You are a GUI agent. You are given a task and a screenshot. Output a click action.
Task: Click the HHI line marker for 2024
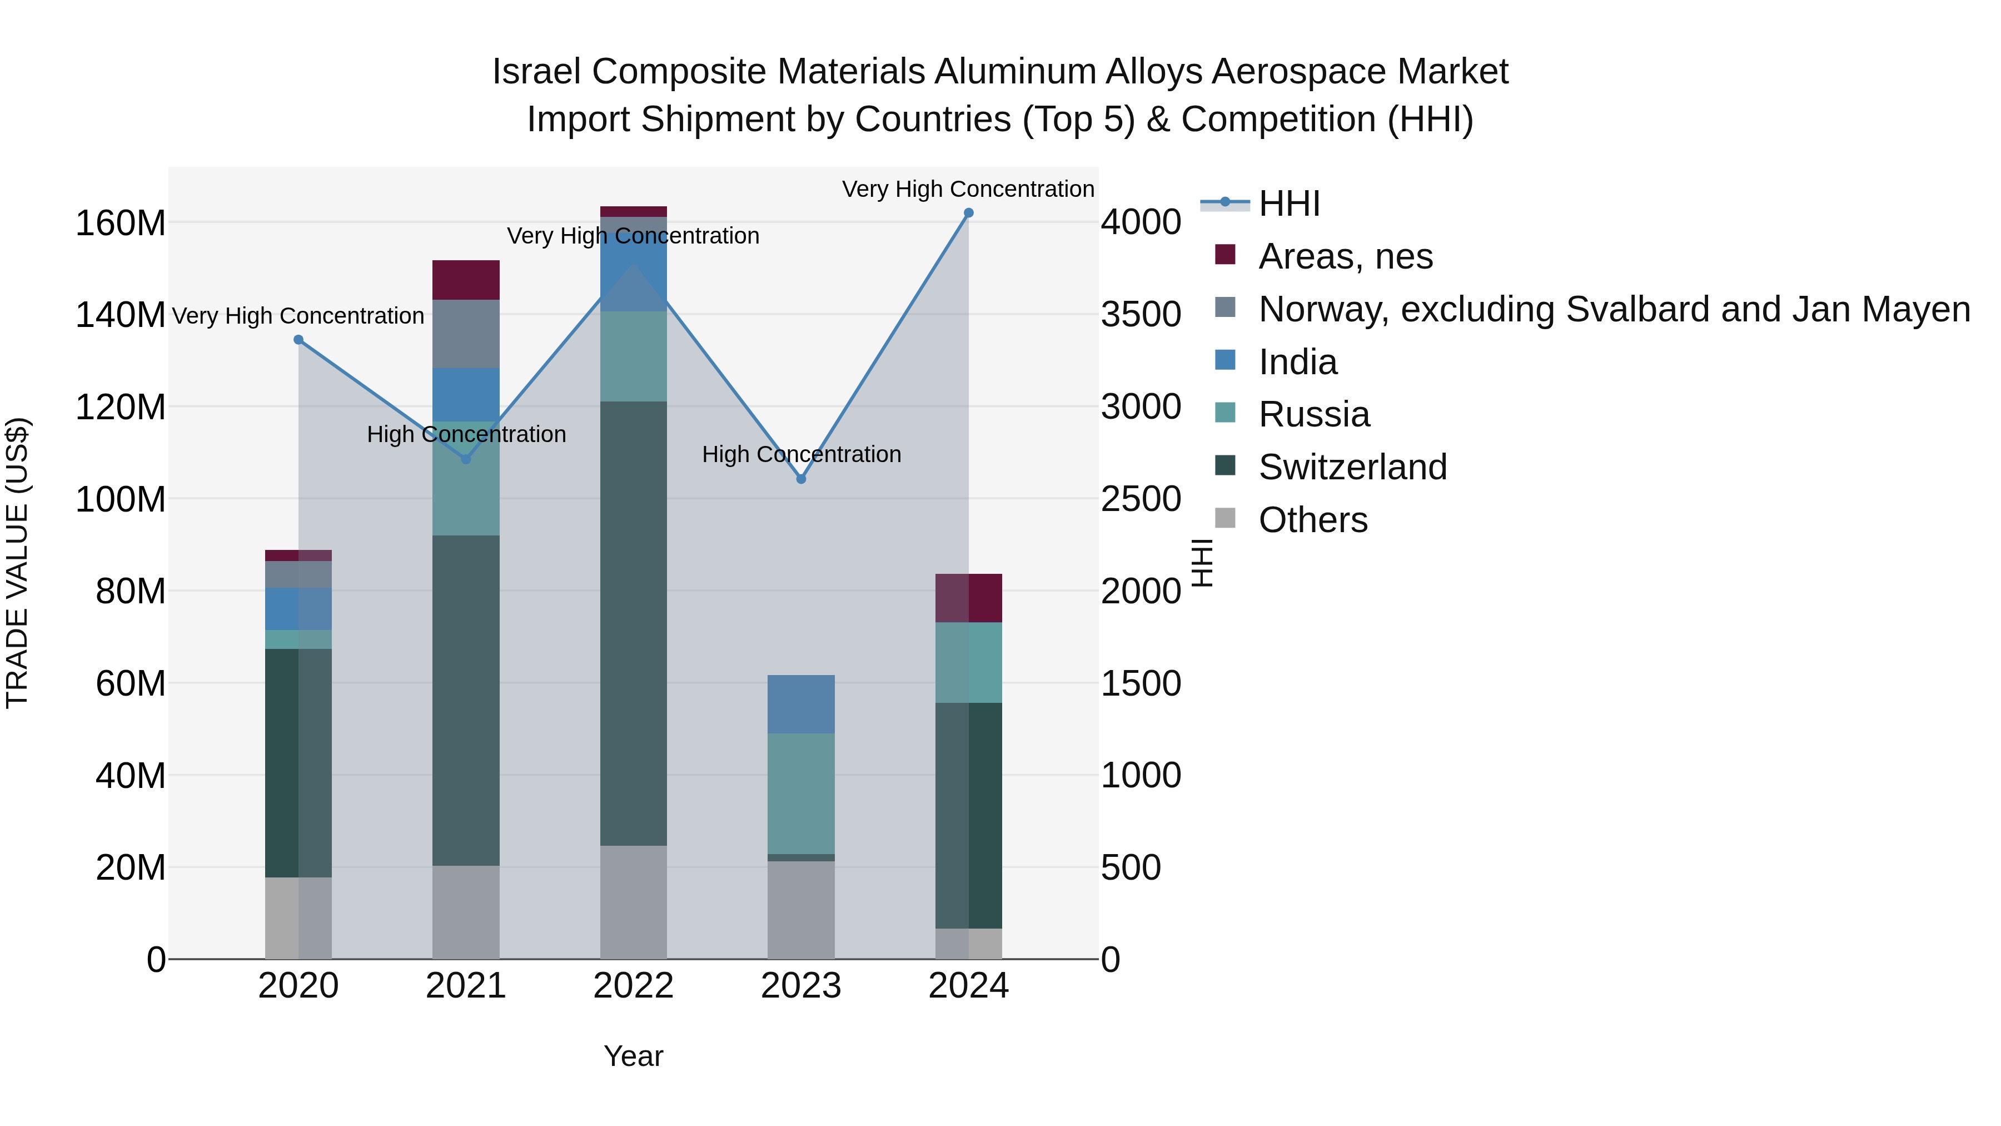tap(969, 213)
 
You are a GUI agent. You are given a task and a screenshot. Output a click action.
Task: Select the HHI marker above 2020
tap(298, 340)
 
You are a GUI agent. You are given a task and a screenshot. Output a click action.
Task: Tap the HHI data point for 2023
tap(802, 479)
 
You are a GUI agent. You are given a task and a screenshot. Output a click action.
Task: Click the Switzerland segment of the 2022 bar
tap(634, 623)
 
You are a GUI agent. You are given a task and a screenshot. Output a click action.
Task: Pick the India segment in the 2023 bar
tap(802, 704)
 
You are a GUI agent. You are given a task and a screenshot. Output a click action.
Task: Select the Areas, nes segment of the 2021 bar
tap(466, 280)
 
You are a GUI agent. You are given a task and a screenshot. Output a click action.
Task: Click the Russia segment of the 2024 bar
tap(969, 662)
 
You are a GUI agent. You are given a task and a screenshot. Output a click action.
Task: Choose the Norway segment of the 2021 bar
tap(466, 334)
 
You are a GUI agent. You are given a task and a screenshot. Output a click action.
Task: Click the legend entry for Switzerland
tap(1352, 467)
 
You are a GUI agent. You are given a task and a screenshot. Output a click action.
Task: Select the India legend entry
tap(1297, 362)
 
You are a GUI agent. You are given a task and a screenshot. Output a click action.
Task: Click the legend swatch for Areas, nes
tap(1225, 255)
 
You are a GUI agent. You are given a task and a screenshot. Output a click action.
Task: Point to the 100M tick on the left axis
tap(121, 499)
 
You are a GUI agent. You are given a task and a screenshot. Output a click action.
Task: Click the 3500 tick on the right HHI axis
tap(1141, 315)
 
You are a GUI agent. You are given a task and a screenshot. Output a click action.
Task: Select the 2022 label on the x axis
tap(634, 986)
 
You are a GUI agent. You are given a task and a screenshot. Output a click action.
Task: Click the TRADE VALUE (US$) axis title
tap(17, 563)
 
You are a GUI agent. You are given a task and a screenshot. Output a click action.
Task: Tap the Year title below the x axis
tap(634, 1056)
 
